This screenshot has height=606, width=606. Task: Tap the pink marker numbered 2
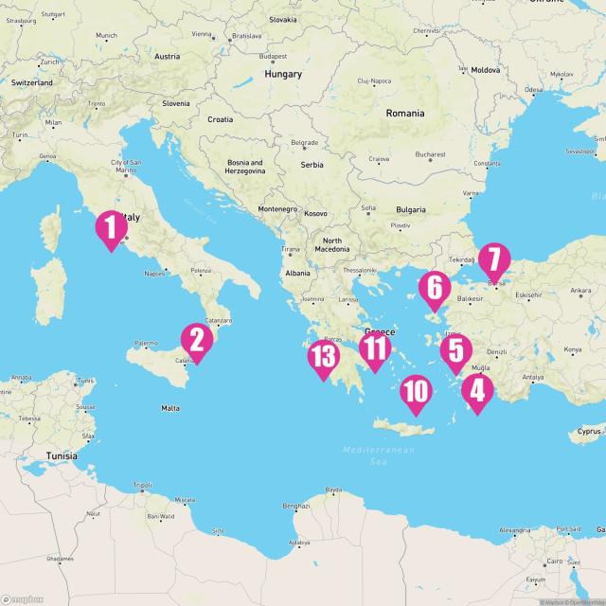(196, 343)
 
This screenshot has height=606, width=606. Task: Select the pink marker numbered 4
(475, 391)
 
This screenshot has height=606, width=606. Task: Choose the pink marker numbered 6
(435, 289)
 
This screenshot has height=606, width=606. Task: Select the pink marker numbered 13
(324, 359)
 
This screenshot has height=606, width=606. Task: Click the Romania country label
(405, 113)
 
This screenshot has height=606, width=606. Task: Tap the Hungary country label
(283, 74)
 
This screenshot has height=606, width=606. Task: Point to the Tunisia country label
(62, 455)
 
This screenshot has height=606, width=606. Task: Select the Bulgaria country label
(410, 209)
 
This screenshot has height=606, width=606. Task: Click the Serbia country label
(312, 165)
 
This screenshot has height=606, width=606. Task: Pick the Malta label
(170, 408)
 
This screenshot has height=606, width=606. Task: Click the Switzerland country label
(32, 82)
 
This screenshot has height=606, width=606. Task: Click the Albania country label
(296, 273)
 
